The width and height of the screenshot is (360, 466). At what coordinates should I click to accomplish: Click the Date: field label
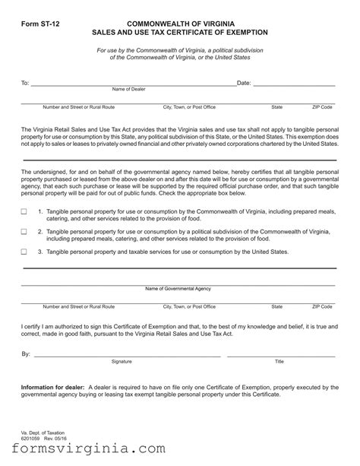(244, 81)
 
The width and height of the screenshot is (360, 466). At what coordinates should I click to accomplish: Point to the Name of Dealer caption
(129, 89)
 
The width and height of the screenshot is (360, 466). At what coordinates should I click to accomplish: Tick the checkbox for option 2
(24, 231)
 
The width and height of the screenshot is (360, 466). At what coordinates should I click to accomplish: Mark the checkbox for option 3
(24, 251)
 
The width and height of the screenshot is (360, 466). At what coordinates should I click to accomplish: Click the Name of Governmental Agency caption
(178, 289)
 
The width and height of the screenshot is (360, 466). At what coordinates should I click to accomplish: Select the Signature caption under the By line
(122, 361)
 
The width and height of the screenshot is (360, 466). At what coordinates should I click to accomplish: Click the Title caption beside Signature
(279, 361)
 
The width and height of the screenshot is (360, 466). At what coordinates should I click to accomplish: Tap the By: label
(27, 354)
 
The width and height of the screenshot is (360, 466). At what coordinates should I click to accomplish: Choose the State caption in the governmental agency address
(276, 306)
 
